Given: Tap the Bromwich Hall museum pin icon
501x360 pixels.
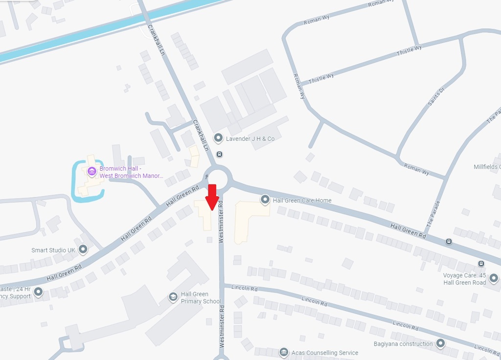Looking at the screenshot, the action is pyautogui.click(x=91, y=171).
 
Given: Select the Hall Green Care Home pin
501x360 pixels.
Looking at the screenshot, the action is pyautogui.click(x=265, y=200).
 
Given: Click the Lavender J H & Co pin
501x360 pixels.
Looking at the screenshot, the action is pyautogui.click(x=218, y=138).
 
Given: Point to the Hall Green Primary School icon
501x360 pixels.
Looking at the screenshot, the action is pyautogui.click(x=173, y=297).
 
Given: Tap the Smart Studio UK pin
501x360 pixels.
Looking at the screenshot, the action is pyautogui.click(x=83, y=250).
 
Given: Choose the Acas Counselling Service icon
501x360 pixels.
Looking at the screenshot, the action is pyautogui.click(x=283, y=353).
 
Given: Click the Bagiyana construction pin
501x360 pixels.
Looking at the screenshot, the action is pyautogui.click(x=441, y=344).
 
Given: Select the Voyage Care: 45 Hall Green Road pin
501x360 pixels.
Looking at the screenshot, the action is pyautogui.click(x=493, y=279).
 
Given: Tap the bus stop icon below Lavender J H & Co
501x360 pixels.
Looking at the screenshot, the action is pyautogui.click(x=219, y=154).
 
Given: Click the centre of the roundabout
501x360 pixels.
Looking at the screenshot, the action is pyautogui.click(x=217, y=177).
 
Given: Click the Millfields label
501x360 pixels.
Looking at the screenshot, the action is pyautogui.click(x=487, y=167).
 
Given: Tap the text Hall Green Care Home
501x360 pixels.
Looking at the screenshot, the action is pyautogui.click(x=302, y=200).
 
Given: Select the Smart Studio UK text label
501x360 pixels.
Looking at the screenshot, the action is pyautogui.click(x=53, y=250).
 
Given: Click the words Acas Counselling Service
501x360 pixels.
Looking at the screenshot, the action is pyautogui.click(x=325, y=353).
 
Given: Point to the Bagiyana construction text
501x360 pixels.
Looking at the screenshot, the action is pyautogui.click(x=403, y=344).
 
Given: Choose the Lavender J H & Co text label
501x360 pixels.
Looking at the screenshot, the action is pyautogui.click(x=250, y=139).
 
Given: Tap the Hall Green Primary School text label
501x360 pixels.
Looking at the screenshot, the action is pyautogui.click(x=201, y=297).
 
